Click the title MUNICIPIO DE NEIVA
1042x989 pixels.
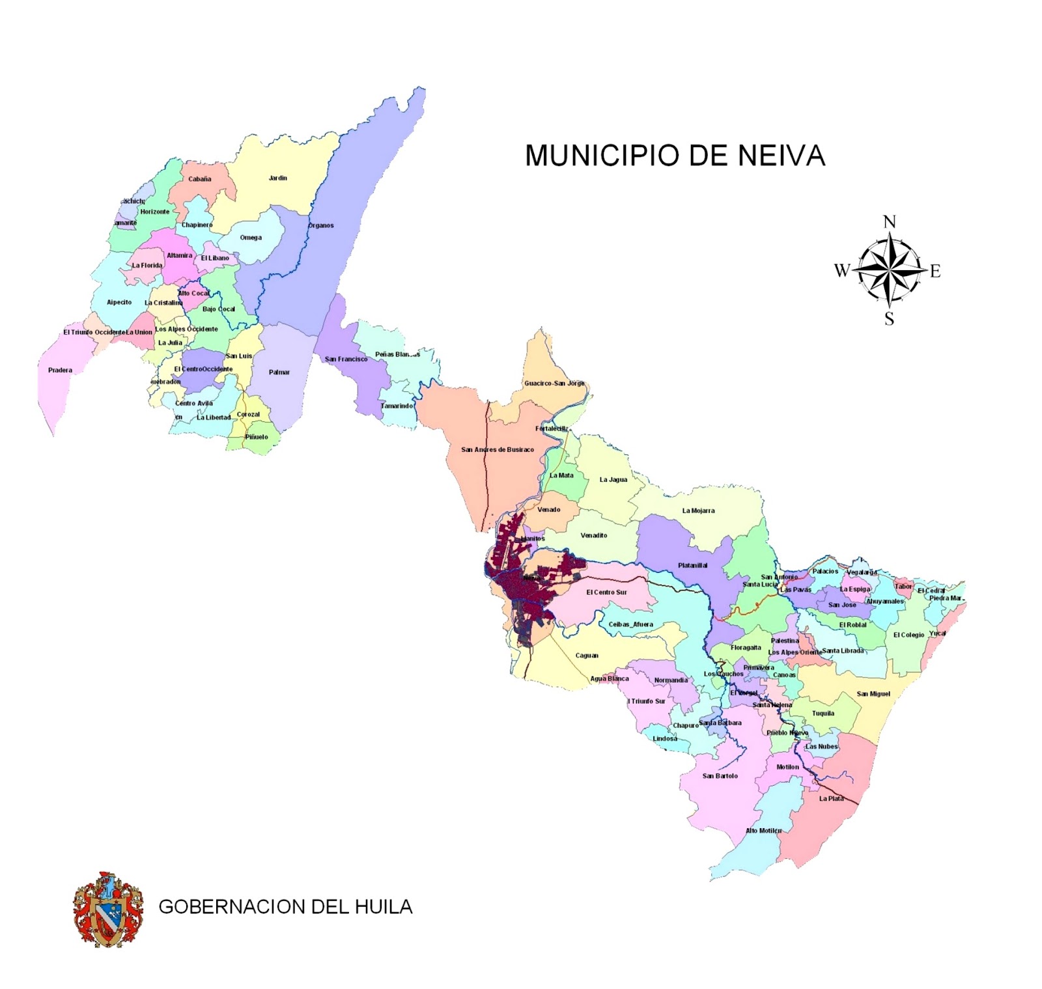pyautogui.click(x=675, y=156)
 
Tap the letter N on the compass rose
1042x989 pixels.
pyautogui.click(x=889, y=222)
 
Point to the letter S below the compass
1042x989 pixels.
pyautogui.click(x=889, y=318)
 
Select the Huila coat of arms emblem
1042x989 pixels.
pyautogui.click(x=108, y=909)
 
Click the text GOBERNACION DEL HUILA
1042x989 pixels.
pyautogui.click(x=285, y=907)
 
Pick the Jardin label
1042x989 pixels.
pyautogui.click(x=278, y=178)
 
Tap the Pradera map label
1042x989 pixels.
pyautogui.click(x=60, y=370)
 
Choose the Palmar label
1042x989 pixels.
pyautogui.click(x=279, y=372)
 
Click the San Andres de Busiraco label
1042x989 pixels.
pyautogui.click(x=498, y=450)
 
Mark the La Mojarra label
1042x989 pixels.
pyautogui.click(x=698, y=510)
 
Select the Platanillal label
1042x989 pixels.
pyautogui.click(x=692, y=565)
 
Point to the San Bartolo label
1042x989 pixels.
pyautogui.click(x=720, y=776)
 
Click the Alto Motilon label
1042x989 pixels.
pyautogui.click(x=763, y=831)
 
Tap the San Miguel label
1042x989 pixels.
pyautogui.click(x=873, y=694)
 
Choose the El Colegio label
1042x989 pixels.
pyautogui.click(x=908, y=635)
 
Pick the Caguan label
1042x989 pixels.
pyautogui.click(x=587, y=656)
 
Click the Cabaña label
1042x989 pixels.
pyautogui.click(x=200, y=179)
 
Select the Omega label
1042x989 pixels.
pyautogui.click(x=251, y=238)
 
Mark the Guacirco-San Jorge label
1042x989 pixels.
pyautogui.click(x=554, y=383)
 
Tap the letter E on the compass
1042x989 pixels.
pyautogui.click(x=935, y=271)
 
